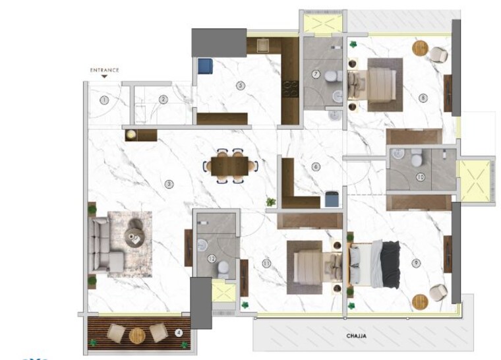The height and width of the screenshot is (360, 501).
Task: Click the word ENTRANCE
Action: pyautogui.click(x=105, y=70)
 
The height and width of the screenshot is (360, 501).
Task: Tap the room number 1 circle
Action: pyautogui.click(x=103, y=100)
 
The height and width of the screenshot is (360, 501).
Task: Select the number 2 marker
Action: pyautogui.click(x=163, y=100)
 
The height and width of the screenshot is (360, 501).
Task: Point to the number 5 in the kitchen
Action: pyautogui.click(x=241, y=85)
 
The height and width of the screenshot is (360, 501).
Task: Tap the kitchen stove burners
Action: pyautogui.click(x=290, y=89)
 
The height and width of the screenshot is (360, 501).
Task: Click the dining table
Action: pyautogui.click(x=231, y=166)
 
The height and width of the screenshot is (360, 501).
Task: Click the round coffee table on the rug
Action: pyautogui.click(x=136, y=236)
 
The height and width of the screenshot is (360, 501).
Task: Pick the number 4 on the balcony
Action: pyautogui.click(x=178, y=332)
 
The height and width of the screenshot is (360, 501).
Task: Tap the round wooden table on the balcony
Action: pyautogui.click(x=137, y=334)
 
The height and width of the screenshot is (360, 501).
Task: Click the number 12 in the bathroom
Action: pyautogui.click(x=212, y=259)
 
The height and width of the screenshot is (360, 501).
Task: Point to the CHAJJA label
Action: pyautogui.click(x=356, y=336)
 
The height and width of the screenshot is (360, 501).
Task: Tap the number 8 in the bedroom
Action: pyautogui.click(x=423, y=99)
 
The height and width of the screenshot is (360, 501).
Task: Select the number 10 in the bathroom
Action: pyautogui.click(x=420, y=177)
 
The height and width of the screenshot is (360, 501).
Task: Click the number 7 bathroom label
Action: pyautogui.click(x=316, y=74)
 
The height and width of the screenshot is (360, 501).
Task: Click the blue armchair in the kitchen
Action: pyautogui.click(x=205, y=67)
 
